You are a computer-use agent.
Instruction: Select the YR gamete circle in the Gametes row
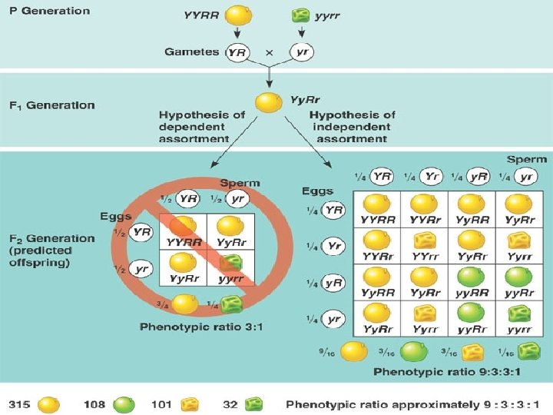[x=237, y=51]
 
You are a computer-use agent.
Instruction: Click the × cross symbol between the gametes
[x=269, y=52]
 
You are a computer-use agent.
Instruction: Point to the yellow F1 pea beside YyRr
[x=268, y=102]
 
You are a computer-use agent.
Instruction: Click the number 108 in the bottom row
[x=94, y=403]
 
